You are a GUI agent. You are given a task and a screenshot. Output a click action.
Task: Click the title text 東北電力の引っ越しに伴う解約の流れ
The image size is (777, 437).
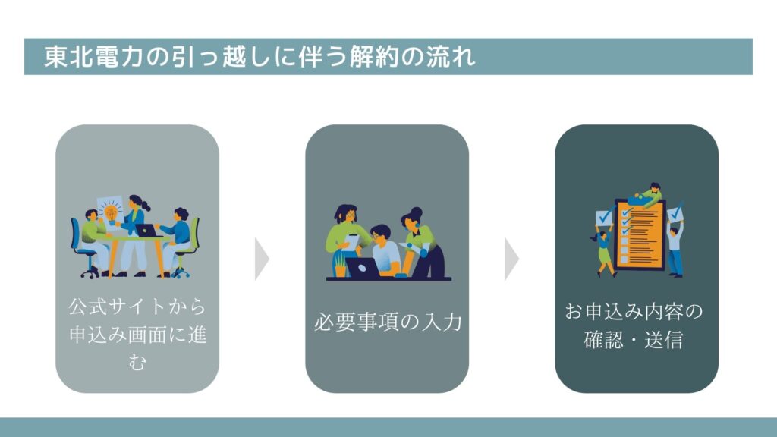coord(260,56)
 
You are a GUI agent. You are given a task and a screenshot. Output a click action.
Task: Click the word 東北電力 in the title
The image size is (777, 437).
coord(93,56)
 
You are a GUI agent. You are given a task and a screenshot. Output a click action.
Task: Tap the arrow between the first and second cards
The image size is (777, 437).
coord(262,259)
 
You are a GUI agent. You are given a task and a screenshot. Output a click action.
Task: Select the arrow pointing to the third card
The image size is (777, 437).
coord(511,259)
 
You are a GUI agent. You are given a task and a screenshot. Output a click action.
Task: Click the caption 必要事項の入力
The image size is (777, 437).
coord(388,322)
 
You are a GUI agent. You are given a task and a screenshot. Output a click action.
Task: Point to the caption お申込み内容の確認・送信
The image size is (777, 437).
coord(634,325)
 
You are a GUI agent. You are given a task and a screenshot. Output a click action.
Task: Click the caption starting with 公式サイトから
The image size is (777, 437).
coord(137,335)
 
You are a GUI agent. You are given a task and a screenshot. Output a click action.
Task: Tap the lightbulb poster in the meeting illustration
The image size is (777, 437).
coord(110,212)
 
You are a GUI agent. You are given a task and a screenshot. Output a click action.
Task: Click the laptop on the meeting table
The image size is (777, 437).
coord(146,231)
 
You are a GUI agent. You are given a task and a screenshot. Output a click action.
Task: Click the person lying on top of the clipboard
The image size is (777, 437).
coord(645,195)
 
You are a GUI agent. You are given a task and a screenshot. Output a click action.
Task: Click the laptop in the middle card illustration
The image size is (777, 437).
coord(363,268)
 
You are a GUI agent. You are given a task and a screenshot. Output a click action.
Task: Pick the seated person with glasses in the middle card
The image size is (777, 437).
coord(385,250)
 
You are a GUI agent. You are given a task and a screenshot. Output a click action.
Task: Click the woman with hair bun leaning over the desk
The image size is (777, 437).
coord(423,242)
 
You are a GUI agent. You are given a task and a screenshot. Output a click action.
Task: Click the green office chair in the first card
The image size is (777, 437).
coord(188,248)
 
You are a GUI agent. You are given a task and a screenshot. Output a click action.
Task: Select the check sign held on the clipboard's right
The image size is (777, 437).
coord(675,214)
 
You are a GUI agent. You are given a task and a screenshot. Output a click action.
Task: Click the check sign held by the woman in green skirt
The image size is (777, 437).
coord(604,217)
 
